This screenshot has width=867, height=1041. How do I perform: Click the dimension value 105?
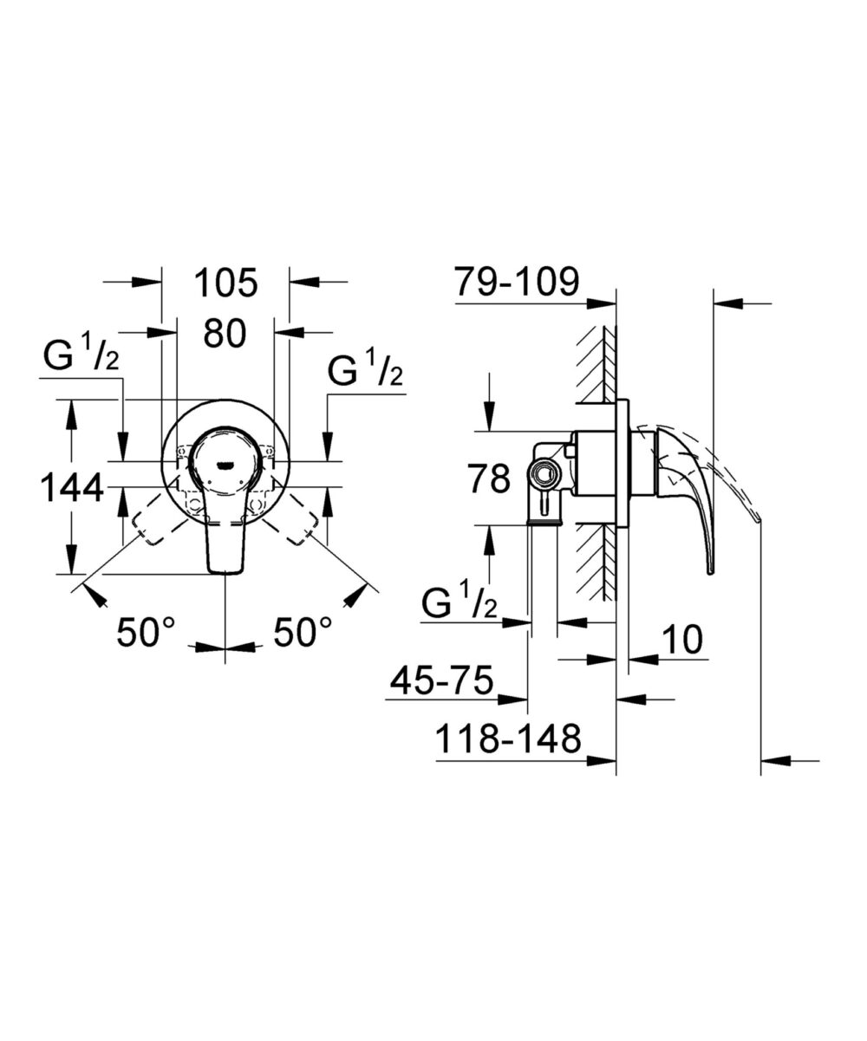click(x=225, y=283)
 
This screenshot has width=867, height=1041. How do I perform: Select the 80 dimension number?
click(x=225, y=333)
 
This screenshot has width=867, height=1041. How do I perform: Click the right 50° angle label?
click(x=303, y=633)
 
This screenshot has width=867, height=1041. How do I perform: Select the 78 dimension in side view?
click(x=489, y=478)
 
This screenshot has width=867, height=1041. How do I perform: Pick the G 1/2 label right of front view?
click(x=365, y=373)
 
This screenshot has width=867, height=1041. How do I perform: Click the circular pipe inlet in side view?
click(x=544, y=473)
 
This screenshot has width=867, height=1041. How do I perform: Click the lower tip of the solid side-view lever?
click(x=709, y=571)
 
